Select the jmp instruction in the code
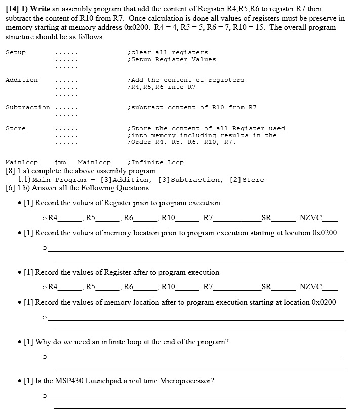tap(60, 162)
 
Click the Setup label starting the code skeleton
tap(16, 52)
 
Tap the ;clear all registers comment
tap(169, 52)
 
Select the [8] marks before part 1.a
tap(11, 171)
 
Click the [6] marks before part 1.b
tap(11, 188)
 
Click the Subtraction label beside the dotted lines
tap(28, 107)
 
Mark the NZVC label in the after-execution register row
tap(310, 287)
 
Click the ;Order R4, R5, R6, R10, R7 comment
tap(182, 142)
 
